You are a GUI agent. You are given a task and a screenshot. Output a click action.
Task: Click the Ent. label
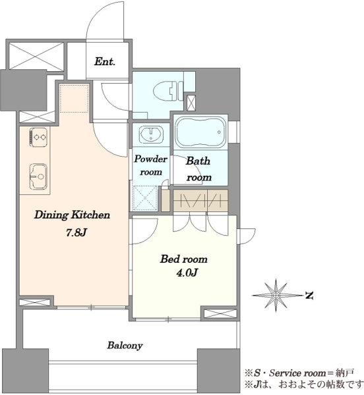click(x=105, y=62)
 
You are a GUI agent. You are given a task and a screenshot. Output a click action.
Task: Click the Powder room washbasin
click(x=151, y=134)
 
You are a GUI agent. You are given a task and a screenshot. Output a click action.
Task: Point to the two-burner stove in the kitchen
click(x=39, y=137)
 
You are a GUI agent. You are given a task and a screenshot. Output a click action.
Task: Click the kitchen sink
click(x=38, y=176)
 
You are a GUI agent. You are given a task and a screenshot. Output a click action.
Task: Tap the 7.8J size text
click(x=76, y=233)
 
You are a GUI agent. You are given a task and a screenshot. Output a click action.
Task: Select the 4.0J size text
click(x=187, y=273)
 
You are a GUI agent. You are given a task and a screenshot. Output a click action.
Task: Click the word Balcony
click(x=125, y=346)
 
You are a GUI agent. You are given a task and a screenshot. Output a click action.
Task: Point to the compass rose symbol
click(x=276, y=295)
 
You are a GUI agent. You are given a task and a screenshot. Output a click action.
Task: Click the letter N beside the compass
click(x=309, y=295)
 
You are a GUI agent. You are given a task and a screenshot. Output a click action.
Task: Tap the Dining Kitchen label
click(x=72, y=215)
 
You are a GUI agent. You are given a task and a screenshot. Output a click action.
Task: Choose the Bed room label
click(x=183, y=259)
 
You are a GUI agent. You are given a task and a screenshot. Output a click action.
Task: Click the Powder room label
click(x=150, y=165)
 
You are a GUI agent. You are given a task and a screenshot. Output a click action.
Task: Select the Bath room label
click(x=198, y=169)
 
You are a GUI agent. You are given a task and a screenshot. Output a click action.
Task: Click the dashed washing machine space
click(x=144, y=197)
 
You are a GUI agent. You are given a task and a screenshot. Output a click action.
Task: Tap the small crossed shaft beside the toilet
click(x=191, y=103)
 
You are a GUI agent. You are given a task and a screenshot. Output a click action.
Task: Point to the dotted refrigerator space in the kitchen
click(x=74, y=99)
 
